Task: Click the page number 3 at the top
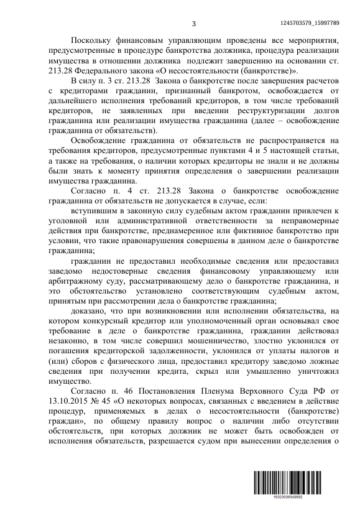point(193,24)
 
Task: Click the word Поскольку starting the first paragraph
point(93,39)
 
